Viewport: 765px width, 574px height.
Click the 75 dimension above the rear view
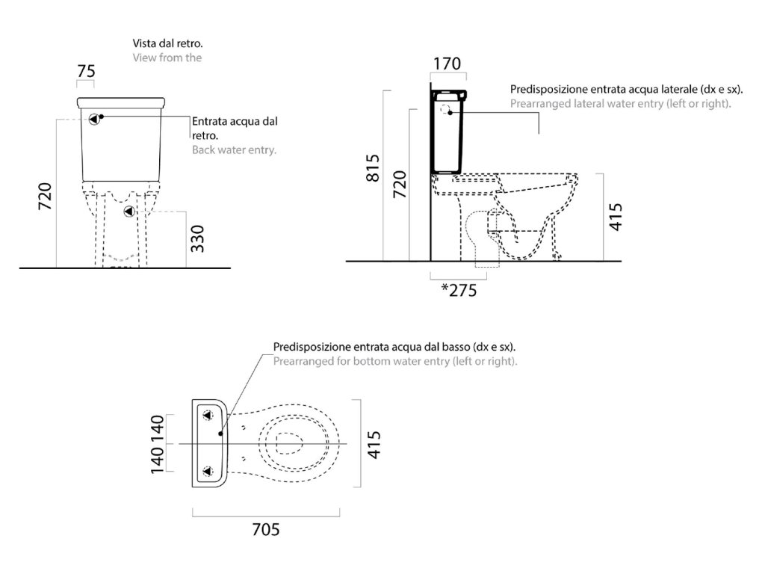(87, 71)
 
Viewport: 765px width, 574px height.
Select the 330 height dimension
(197, 238)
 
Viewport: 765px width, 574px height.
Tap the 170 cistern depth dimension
(447, 63)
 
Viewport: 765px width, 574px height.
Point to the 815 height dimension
(374, 168)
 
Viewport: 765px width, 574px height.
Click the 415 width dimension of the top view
(376, 444)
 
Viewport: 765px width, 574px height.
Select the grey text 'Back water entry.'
(235, 150)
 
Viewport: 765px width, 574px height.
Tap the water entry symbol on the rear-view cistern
(94, 118)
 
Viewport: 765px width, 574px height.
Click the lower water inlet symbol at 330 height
(129, 212)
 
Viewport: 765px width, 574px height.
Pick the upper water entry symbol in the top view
(208, 414)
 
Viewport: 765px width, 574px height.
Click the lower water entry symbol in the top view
(208, 472)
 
